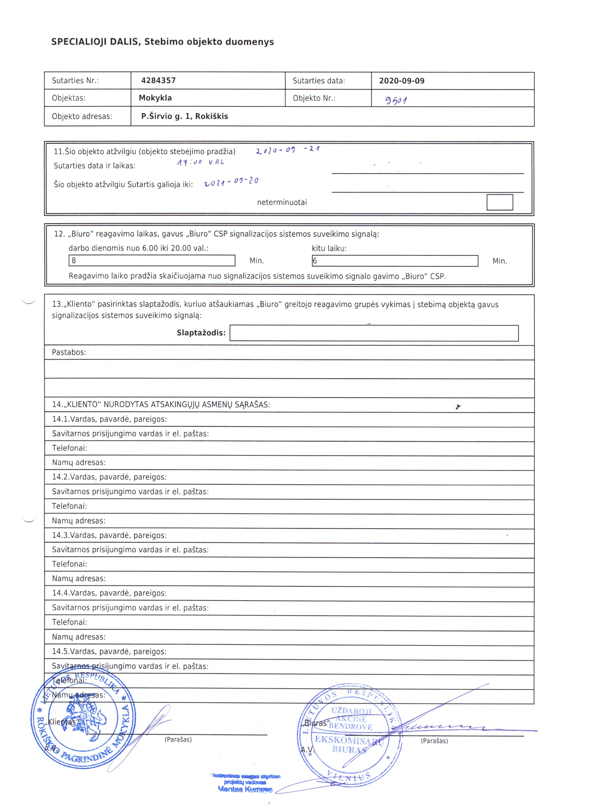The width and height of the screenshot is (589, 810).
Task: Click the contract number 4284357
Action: [x=158, y=80]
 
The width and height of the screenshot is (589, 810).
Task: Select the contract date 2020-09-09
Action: [x=402, y=81]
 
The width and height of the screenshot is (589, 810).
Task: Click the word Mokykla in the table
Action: [x=155, y=98]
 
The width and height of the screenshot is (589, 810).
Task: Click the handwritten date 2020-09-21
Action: [x=288, y=150]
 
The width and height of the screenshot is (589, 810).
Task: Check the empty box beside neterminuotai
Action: [x=499, y=202]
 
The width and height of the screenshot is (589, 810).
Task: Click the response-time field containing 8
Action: [x=152, y=260]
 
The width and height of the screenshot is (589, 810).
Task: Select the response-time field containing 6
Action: [x=395, y=261]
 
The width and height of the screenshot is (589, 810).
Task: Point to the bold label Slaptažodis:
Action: [x=201, y=333]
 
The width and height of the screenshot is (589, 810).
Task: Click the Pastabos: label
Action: [x=69, y=352]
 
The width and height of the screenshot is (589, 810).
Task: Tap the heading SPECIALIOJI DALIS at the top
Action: [x=162, y=42]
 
